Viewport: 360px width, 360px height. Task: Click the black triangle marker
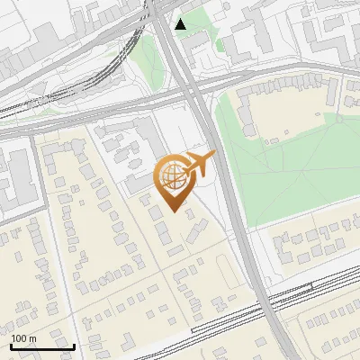click(x=181, y=23)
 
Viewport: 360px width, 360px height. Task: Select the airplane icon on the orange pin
click(x=200, y=164)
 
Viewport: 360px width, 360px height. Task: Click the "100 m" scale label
click(x=23, y=338)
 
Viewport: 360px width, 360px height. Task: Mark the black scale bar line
click(x=42, y=346)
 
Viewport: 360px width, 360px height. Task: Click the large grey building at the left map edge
click(x=13, y=175)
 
